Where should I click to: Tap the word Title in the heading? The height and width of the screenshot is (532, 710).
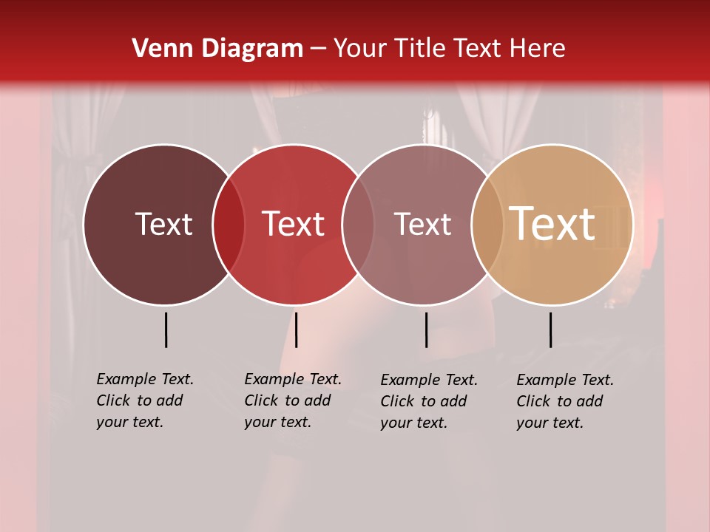point(419,48)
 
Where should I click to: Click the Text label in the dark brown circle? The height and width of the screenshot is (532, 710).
point(163,224)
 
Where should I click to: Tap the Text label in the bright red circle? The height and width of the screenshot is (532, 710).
point(294,224)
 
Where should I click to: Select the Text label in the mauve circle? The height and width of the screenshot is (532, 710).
point(423,224)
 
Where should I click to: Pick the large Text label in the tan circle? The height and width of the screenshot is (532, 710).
point(552,224)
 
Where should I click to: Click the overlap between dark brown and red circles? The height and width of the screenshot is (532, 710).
point(229,225)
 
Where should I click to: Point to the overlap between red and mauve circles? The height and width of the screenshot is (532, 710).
point(358,225)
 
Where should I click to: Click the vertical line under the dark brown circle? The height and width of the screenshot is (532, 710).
point(166,330)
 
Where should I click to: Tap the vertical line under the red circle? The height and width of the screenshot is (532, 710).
point(296,330)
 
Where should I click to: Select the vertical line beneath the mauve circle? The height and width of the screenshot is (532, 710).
point(426,330)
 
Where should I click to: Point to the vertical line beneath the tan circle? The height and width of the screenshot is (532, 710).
point(550,330)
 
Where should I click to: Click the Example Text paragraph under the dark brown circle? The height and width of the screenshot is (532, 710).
point(144,400)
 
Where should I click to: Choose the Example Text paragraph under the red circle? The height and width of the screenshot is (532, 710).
point(292,400)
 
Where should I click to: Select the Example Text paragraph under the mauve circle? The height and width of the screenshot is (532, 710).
point(428,401)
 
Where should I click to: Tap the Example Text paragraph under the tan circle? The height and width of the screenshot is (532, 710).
point(564,401)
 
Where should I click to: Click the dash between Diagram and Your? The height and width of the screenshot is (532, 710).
point(318,50)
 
